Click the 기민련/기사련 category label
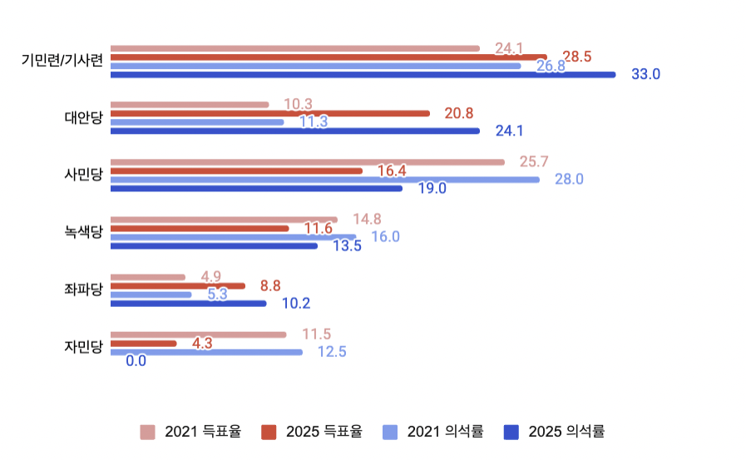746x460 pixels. [x=63, y=61]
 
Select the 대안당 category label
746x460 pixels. [x=83, y=117]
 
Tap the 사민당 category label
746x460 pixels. [x=83, y=175]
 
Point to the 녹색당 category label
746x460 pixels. [x=83, y=232]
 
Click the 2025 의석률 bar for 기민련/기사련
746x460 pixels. [x=363, y=74]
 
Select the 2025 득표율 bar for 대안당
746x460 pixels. [x=269, y=113]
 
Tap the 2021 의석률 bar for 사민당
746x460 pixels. [x=324, y=180]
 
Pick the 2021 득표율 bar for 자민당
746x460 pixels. [x=198, y=334]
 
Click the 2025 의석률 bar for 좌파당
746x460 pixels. [x=188, y=304]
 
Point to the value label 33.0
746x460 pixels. [x=645, y=74]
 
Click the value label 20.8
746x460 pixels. [x=459, y=113]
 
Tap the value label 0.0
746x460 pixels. [x=136, y=361]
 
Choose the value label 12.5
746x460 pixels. [x=332, y=352]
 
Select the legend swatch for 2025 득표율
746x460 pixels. [x=269, y=432]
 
